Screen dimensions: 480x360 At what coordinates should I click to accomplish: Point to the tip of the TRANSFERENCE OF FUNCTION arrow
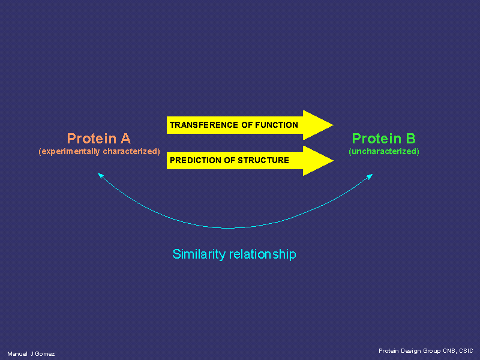click(x=334, y=125)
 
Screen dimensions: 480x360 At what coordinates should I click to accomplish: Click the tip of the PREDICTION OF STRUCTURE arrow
click(x=334, y=160)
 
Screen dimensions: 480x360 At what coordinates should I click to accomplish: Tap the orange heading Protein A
click(x=99, y=139)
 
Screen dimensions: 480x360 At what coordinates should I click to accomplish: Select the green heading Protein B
click(x=384, y=139)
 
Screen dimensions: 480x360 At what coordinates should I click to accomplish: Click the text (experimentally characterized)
click(x=99, y=152)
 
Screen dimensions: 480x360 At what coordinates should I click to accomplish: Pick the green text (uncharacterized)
click(x=384, y=152)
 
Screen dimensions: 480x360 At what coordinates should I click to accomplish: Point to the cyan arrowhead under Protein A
click(x=100, y=175)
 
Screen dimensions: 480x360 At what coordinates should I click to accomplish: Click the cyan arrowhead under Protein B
click(x=370, y=176)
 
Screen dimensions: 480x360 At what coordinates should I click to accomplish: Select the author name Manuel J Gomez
click(x=31, y=354)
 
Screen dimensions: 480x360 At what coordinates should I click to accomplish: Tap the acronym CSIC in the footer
click(x=466, y=351)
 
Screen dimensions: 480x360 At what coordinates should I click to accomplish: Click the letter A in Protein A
click(x=125, y=139)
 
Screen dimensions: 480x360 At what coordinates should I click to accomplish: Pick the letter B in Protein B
click(x=411, y=139)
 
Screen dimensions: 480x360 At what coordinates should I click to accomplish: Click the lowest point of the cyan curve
click(x=227, y=228)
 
